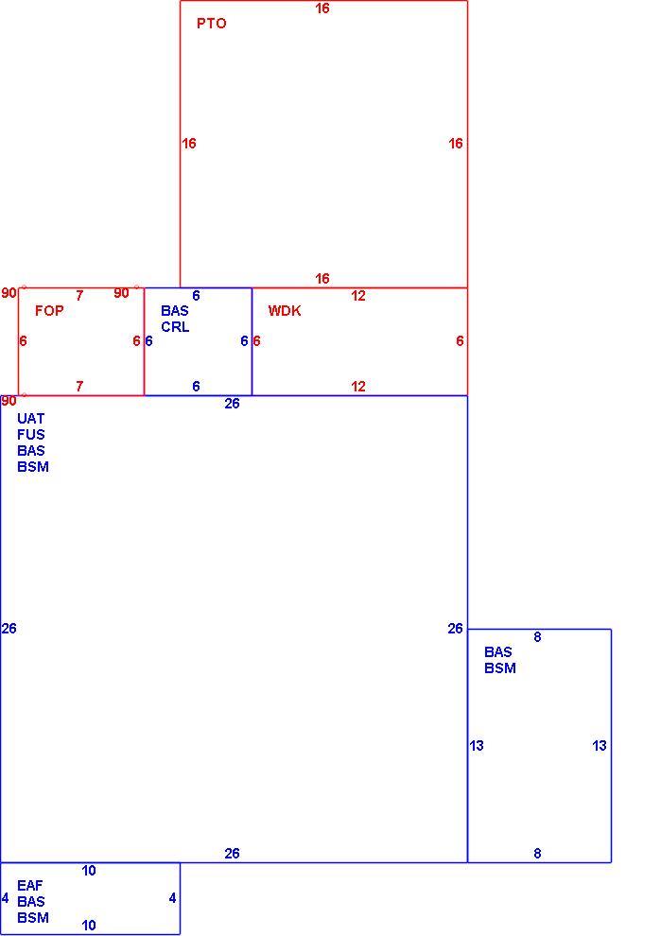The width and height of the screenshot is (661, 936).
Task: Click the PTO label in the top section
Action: [212, 24]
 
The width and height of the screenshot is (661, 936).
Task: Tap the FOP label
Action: [49, 310]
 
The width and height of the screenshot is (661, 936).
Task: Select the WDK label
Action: [285, 310]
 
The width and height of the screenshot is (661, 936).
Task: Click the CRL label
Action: [175, 327]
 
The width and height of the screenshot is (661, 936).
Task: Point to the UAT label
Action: [30, 419]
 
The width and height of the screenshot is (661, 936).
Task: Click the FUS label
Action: [31, 435]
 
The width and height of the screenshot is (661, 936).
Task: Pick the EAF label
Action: [30, 885]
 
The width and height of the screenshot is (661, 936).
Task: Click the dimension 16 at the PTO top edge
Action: [322, 9]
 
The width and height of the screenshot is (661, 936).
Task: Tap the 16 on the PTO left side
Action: [189, 144]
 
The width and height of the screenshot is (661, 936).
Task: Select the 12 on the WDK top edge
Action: [358, 296]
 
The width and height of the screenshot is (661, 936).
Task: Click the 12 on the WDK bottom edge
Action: [358, 387]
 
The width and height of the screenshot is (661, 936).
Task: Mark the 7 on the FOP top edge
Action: [79, 296]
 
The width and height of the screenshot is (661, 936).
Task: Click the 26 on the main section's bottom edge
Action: [233, 854]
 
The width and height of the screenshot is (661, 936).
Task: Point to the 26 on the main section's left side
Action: [9, 629]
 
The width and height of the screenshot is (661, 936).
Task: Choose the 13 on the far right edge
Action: [600, 746]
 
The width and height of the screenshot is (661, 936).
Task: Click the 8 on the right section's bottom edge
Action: [537, 854]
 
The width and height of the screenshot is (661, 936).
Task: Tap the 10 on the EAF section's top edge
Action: [89, 871]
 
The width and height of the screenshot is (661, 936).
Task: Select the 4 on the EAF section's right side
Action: [172, 898]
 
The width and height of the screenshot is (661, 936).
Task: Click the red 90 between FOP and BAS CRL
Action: [121, 293]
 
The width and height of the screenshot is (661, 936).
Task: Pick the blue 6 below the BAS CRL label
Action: [196, 387]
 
